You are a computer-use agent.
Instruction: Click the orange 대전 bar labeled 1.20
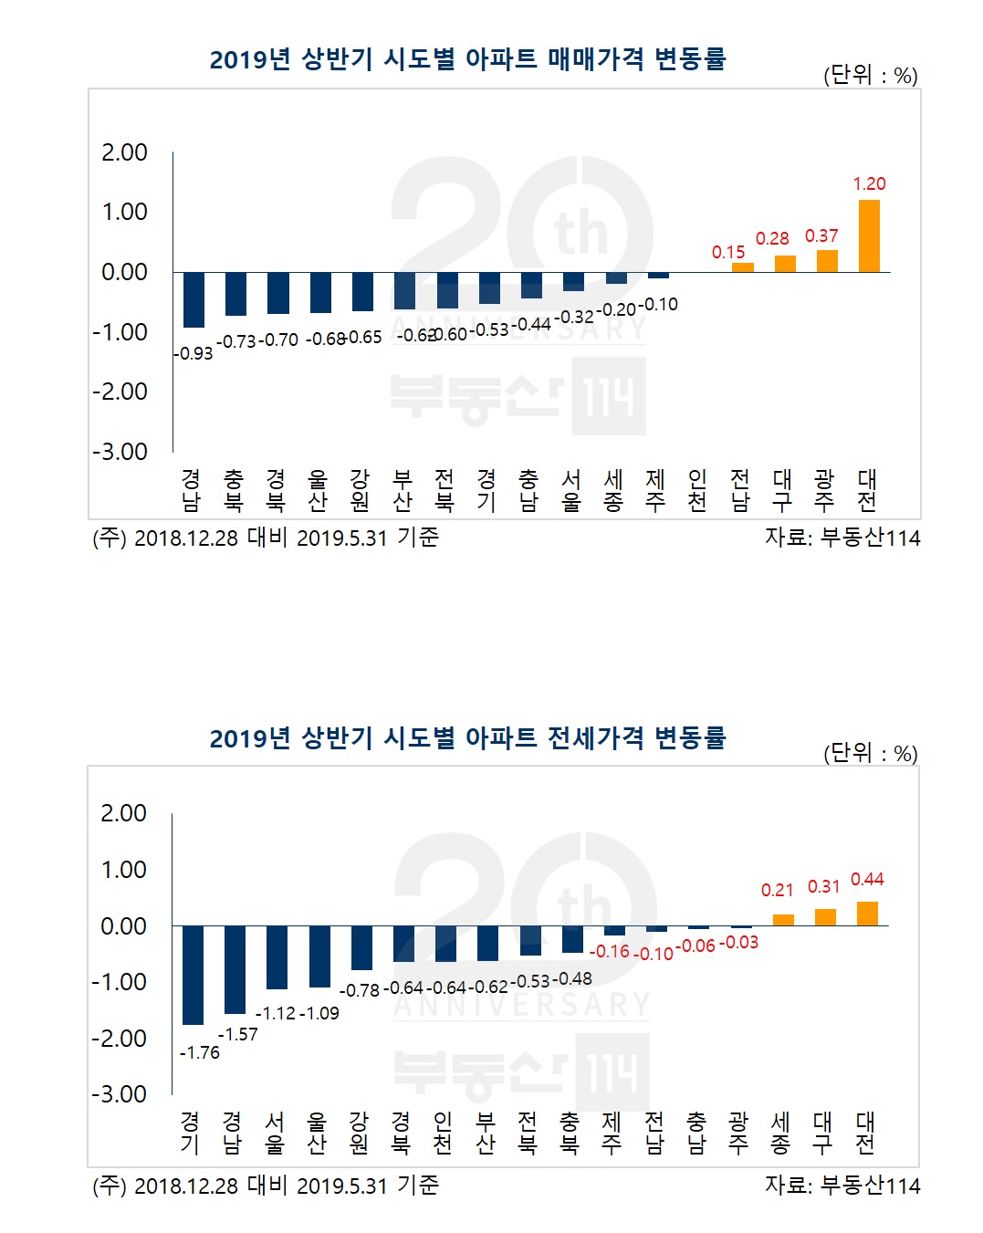point(869,236)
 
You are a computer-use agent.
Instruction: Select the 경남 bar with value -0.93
point(193,299)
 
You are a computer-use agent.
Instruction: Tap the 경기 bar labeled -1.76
point(193,975)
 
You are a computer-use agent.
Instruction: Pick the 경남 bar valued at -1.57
point(235,969)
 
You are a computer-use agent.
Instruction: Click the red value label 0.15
point(728,252)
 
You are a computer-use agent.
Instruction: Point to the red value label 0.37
point(821,235)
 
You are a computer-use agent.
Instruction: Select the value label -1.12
point(275,1013)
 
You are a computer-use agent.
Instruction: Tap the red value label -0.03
point(738,942)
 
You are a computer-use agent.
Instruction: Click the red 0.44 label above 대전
point(867,879)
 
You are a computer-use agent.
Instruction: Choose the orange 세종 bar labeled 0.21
point(783,920)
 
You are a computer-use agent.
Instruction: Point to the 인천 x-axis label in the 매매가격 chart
point(697,490)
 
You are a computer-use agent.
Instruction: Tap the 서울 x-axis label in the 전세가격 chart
point(275,1132)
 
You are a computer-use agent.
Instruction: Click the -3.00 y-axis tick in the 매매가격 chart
point(120,452)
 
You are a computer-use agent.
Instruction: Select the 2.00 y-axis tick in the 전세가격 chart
point(123,812)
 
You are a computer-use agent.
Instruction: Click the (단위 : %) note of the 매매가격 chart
point(870,75)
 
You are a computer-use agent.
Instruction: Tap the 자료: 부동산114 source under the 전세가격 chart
point(842,1185)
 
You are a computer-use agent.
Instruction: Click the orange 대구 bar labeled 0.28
point(785,264)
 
